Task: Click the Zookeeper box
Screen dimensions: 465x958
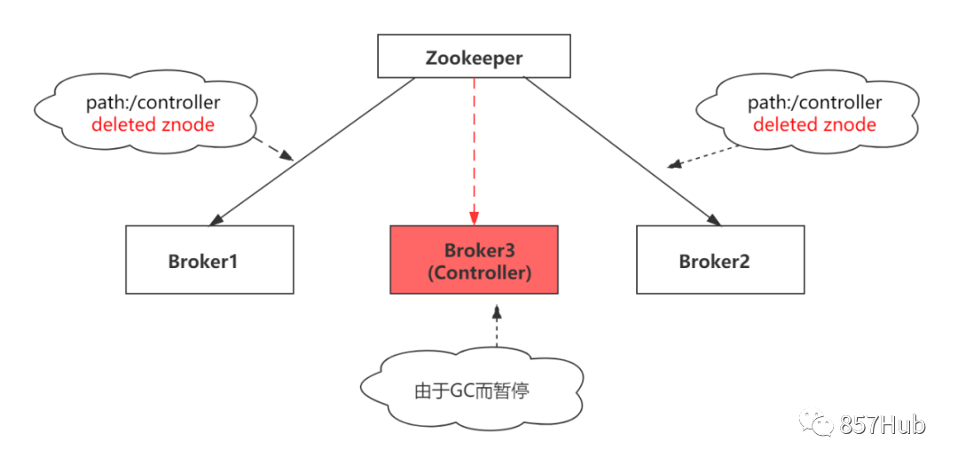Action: point(474,57)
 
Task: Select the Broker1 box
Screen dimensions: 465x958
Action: point(209,260)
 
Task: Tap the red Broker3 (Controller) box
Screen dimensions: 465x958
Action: point(475,259)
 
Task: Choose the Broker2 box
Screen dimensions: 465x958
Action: point(719,260)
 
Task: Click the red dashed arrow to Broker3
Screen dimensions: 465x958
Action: point(475,151)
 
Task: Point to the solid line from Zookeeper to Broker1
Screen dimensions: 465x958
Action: point(310,151)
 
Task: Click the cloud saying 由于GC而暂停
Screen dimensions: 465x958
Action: point(471,390)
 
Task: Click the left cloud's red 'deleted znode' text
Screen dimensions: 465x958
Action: point(153,124)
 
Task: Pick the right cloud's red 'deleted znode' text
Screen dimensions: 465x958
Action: point(814,124)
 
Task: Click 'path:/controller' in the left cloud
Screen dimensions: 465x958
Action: point(153,103)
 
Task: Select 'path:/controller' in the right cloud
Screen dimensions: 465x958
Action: point(814,103)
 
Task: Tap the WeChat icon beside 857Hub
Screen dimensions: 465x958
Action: point(815,423)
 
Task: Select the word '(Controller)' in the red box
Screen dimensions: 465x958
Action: point(479,273)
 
